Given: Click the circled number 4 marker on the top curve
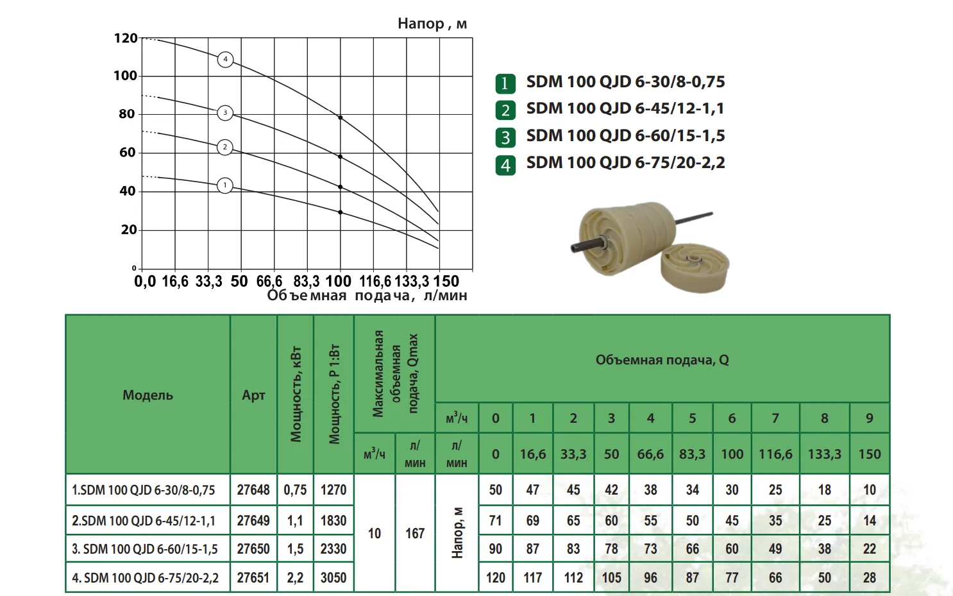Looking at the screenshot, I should [225, 60].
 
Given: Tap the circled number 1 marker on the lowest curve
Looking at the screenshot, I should [225, 185].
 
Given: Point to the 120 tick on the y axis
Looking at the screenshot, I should [126, 38].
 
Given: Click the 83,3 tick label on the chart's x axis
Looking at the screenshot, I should [307, 282].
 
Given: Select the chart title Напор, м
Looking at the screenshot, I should [432, 24].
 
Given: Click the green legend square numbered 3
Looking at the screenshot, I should [505, 137].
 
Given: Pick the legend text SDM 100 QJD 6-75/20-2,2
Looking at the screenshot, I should [625, 163].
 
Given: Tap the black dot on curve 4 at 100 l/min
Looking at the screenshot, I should [341, 117].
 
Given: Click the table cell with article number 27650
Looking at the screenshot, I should [253, 549].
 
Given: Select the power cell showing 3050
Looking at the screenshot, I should [333, 577].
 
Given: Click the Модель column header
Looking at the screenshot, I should [148, 395].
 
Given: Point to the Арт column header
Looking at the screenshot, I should [253, 395].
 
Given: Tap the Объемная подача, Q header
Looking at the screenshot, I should [662, 360].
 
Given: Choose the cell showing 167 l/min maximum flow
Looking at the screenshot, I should [415, 533].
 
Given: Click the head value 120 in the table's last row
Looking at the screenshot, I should [495, 577].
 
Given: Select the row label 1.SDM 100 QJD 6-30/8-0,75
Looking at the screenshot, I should [144, 490].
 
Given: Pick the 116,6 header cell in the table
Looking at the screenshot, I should [775, 454].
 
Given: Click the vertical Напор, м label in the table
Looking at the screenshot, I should [457, 533].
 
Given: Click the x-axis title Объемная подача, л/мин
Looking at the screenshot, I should [367, 296].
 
